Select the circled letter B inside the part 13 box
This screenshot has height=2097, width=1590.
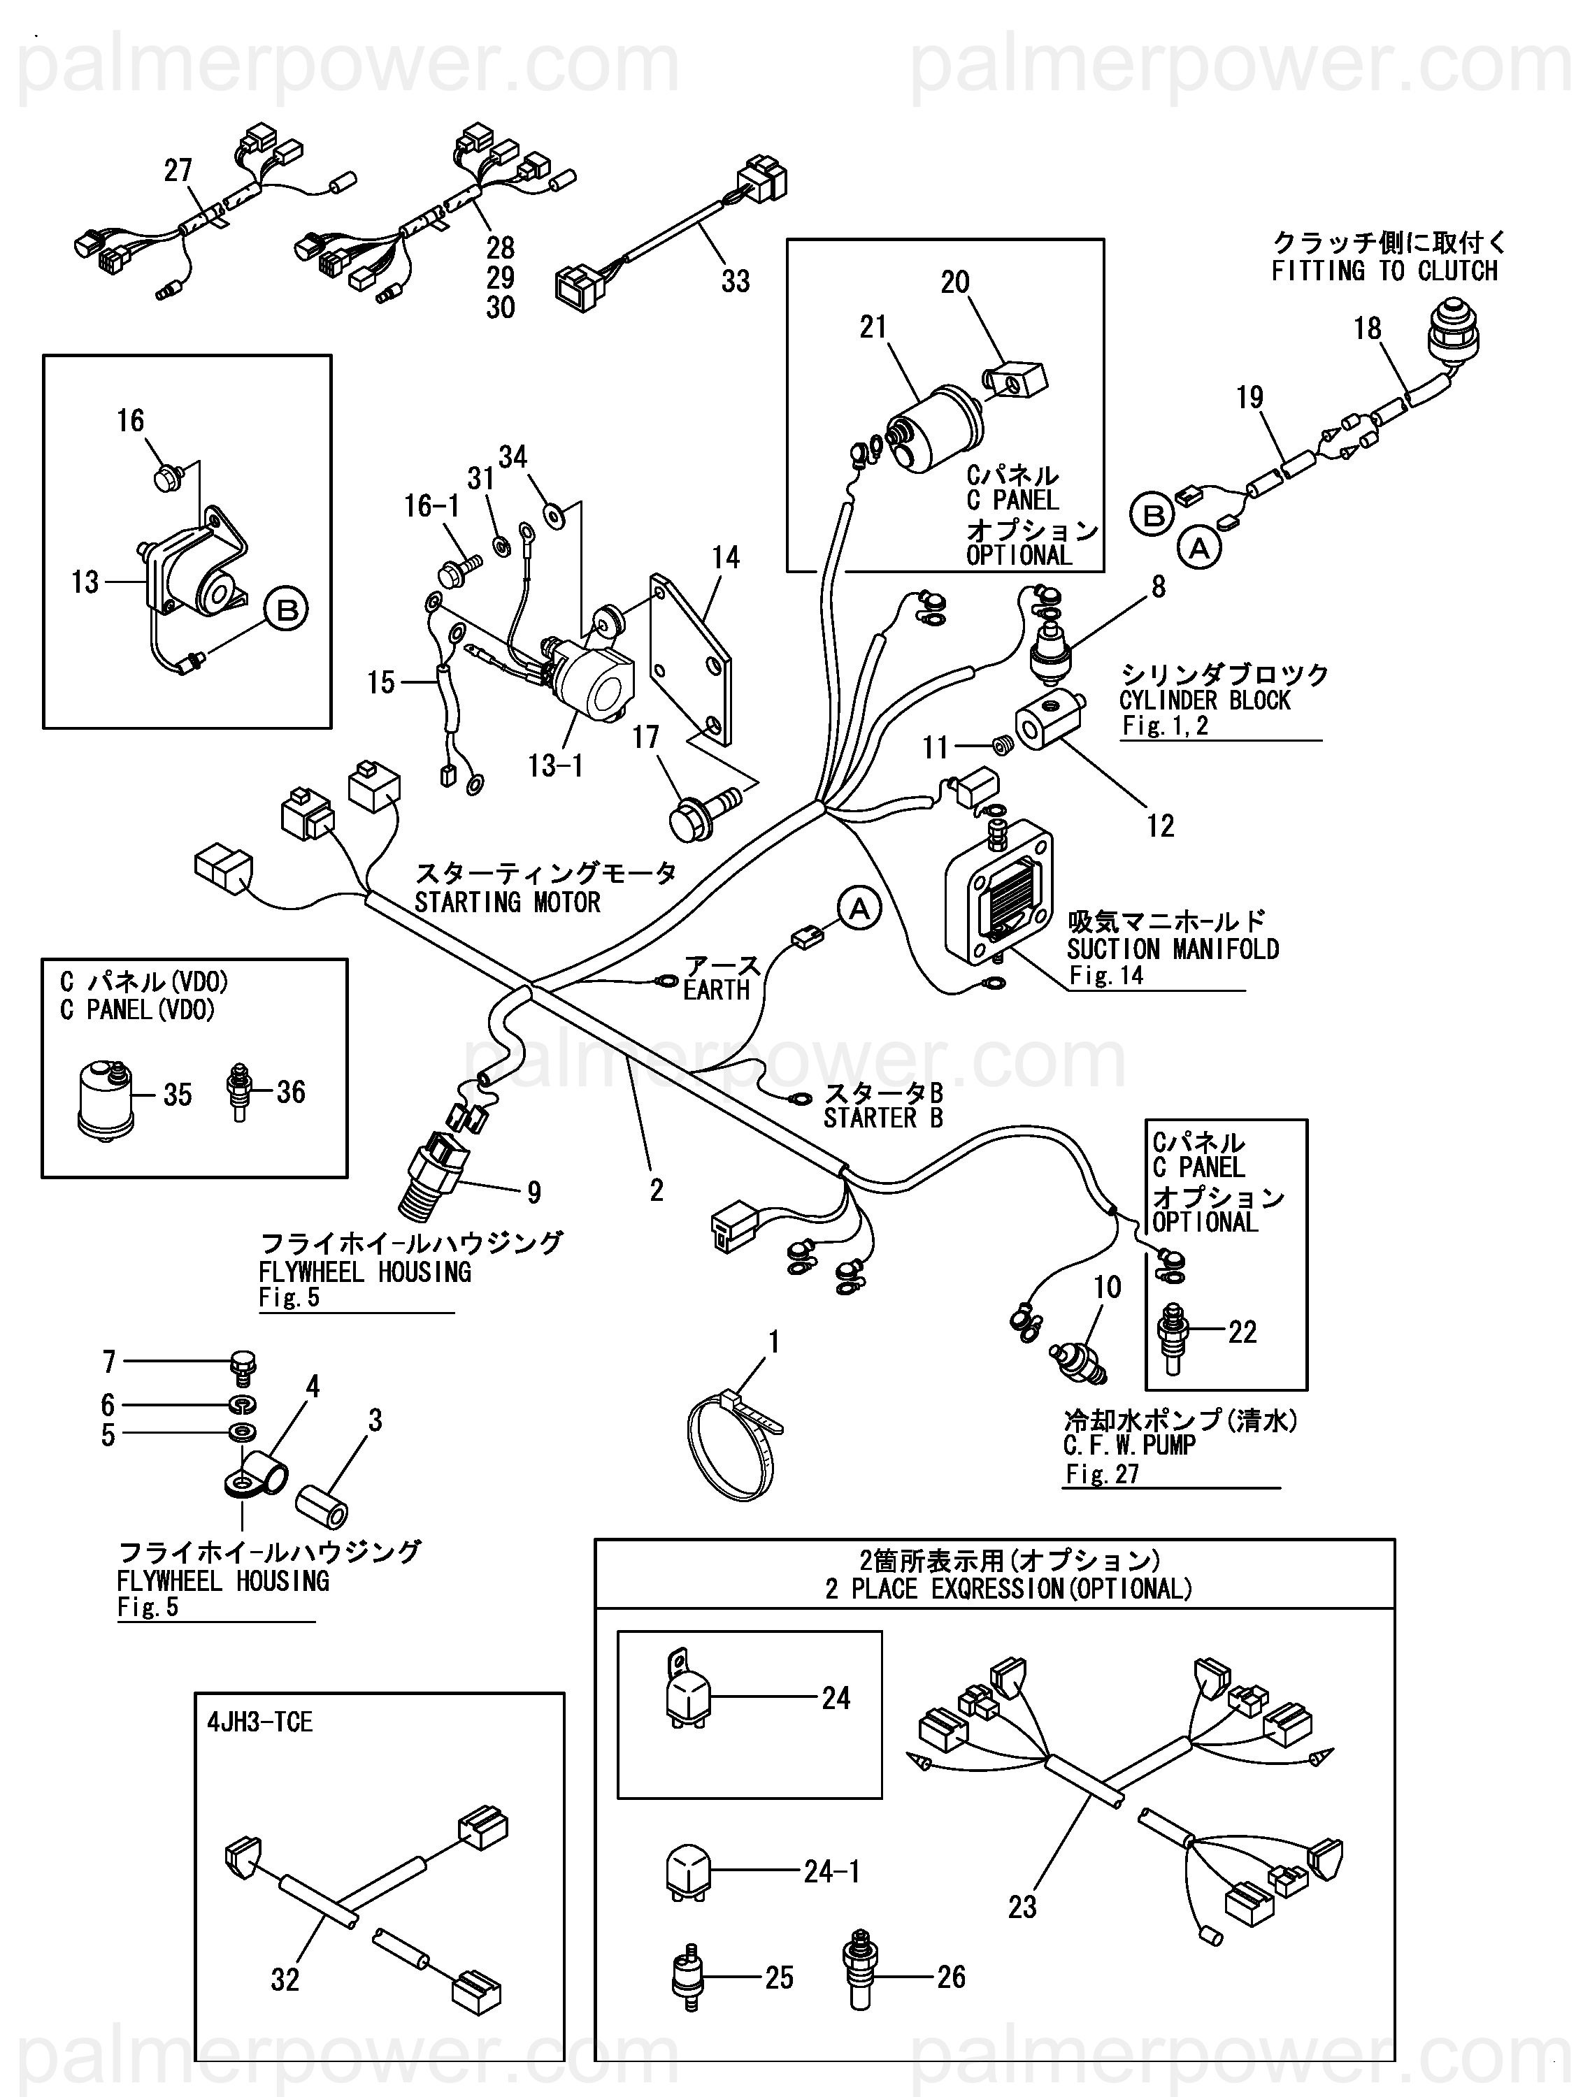point(287,609)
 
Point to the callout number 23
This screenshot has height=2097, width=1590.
point(1022,1906)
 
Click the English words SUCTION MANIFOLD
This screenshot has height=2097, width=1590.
point(1173,949)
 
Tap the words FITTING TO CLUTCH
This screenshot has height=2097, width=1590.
point(1384,271)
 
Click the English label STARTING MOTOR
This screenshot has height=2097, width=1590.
point(507,902)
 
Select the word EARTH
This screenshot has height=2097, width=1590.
point(716,990)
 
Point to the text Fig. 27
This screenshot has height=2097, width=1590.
point(1102,1474)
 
